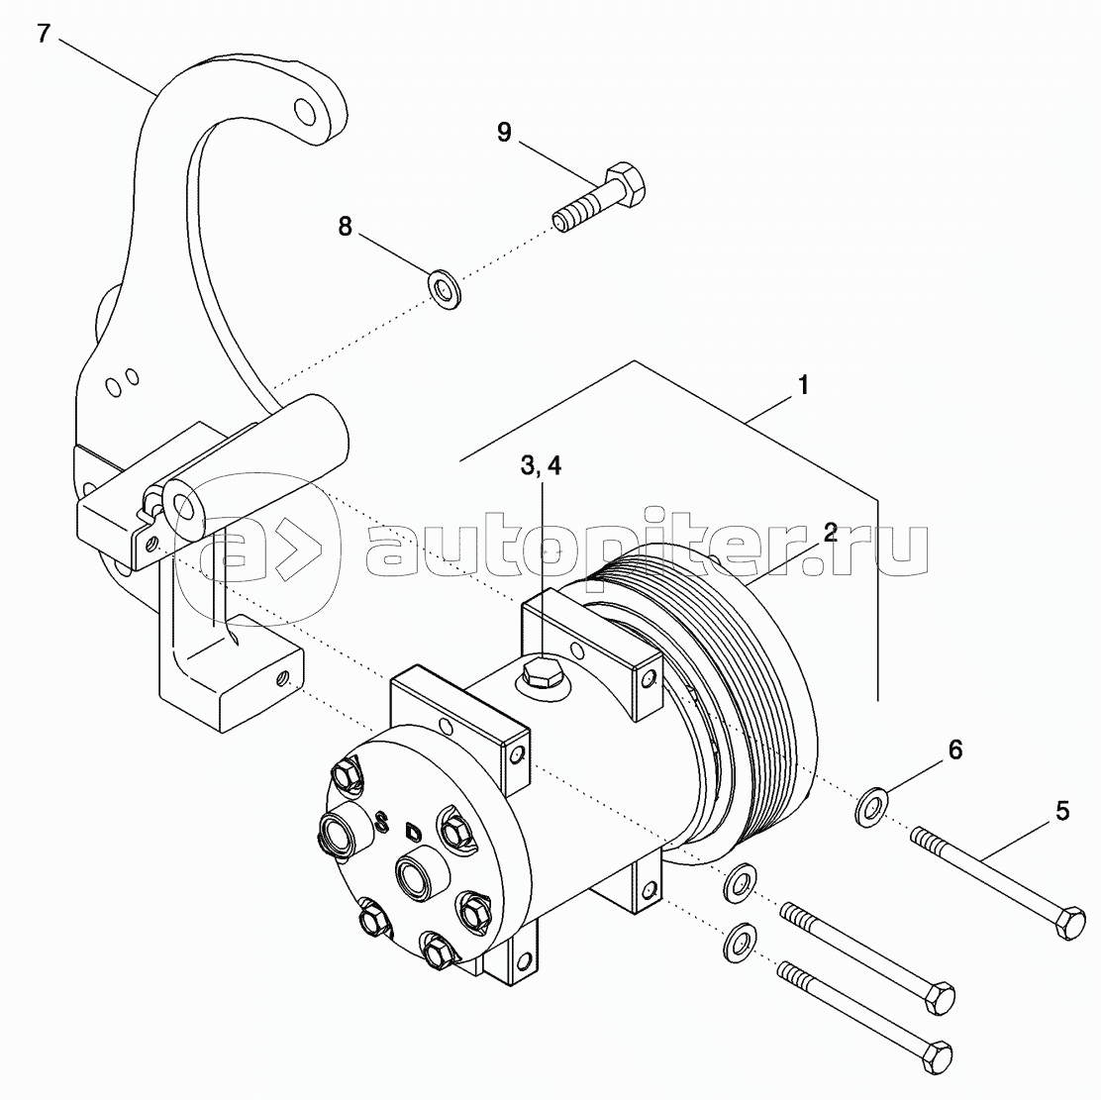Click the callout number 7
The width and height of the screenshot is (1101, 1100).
click(x=45, y=33)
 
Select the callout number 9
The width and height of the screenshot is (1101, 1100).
click(x=504, y=132)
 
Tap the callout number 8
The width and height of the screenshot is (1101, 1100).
click(x=345, y=226)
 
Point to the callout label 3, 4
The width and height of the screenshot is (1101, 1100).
click(x=541, y=465)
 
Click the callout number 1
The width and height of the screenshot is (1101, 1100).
click(x=803, y=385)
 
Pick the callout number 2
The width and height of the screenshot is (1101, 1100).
click(x=831, y=532)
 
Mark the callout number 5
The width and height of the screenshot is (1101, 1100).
click(x=1062, y=812)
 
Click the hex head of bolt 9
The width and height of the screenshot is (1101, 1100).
click(x=625, y=184)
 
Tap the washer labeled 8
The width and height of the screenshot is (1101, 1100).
click(x=445, y=287)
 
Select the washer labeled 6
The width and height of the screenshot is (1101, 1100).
click(x=871, y=807)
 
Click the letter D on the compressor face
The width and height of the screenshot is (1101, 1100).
click(x=412, y=831)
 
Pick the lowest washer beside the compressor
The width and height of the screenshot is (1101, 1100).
click(x=740, y=943)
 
